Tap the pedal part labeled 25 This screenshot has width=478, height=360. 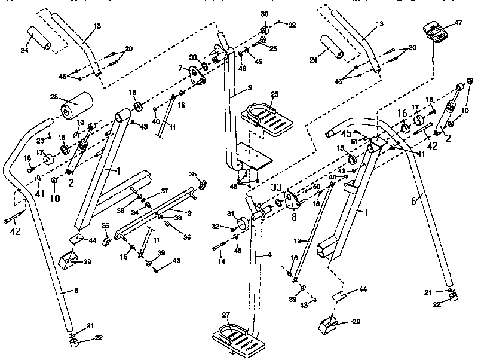[x=268, y=119]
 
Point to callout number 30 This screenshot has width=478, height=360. [x=265, y=14]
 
